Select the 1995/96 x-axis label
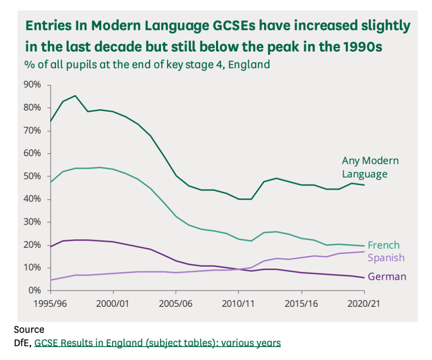[50, 304]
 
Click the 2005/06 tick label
[176, 304]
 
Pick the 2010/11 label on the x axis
[239, 304]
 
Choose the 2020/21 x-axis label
[364, 304]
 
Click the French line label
[383, 245]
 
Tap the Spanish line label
[386, 257]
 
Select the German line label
[387, 277]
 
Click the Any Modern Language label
[370, 167]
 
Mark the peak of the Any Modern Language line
[75, 95]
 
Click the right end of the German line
[364, 277]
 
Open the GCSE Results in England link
[157, 343]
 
